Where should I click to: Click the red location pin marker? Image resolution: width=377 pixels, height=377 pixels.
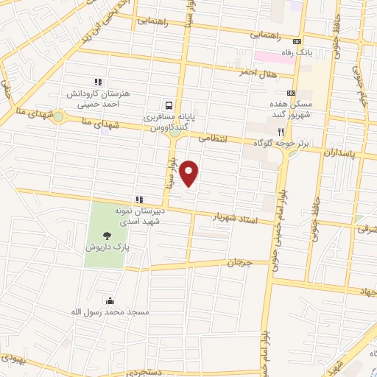(x=190, y=173)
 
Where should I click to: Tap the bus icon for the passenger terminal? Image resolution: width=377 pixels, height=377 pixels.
(x=171, y=106)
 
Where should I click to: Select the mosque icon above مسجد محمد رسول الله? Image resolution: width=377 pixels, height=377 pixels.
(x=110, y=300)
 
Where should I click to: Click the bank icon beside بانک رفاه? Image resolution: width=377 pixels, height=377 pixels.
(x=297, y=41)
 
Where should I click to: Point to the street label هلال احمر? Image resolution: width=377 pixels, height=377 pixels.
(x=256, y=73)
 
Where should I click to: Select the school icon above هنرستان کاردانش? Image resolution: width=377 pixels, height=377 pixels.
(x=96, y=82)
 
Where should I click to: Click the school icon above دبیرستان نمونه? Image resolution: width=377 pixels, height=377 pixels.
(x=138, y=199)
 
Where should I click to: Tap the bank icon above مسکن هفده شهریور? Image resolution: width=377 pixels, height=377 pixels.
(x=292, y=92)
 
